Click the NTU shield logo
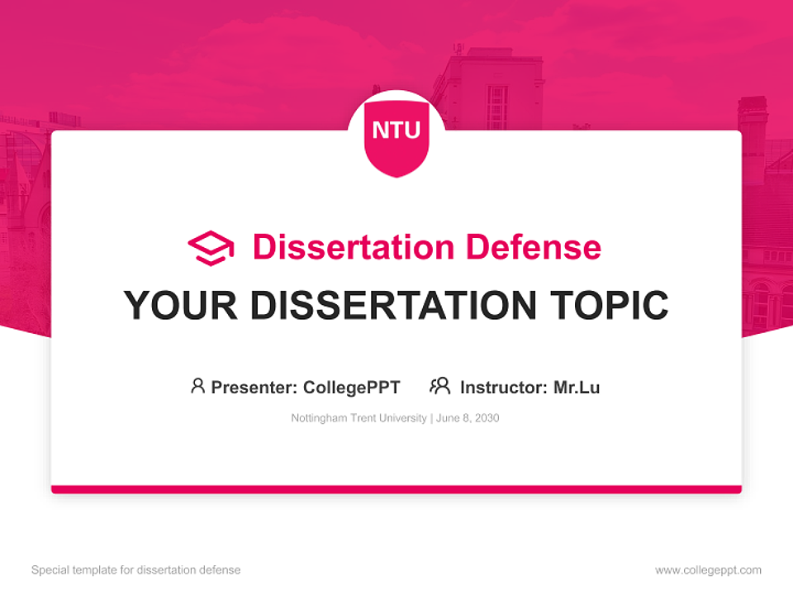[396, 135]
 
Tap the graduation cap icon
[211, 248]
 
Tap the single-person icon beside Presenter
[197, 386]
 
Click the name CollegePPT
[352, 387]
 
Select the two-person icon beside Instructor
[439, 386]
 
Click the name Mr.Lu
[577, 387]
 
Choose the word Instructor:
[503, 387]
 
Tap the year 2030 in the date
[487, 418]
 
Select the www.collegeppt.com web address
[708, 570]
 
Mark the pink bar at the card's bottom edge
[396, 489]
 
